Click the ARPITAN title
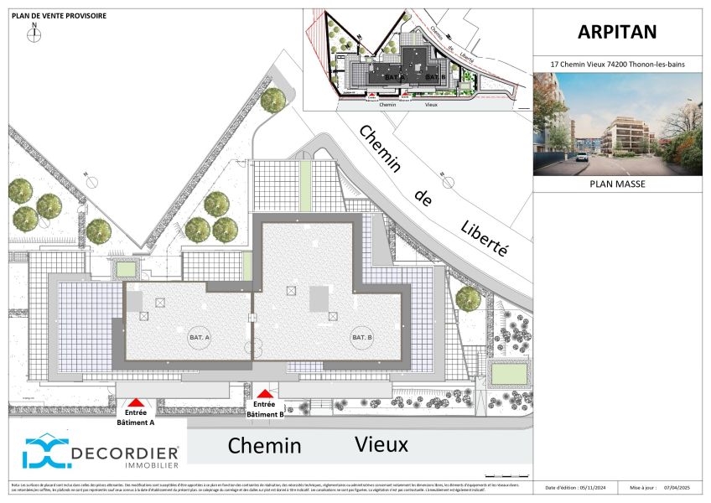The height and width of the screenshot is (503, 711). coord(617,32)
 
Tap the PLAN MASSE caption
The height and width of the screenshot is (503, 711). coord(618,184)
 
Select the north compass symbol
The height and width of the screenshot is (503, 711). coord(34,34)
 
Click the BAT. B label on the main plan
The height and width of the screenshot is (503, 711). coord(362,337)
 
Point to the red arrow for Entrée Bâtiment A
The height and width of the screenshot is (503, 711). coord(136,403)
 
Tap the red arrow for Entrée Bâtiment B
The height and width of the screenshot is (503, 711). coord(265,393)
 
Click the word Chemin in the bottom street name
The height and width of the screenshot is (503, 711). coord(264,444)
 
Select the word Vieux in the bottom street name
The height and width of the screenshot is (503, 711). coord(381,443)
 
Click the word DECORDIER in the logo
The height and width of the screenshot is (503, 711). coord(125,453)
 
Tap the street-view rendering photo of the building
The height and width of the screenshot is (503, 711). coord(617,123)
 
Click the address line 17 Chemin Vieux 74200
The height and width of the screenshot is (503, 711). coord(617,64)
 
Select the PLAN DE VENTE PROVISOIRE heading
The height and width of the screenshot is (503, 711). coord(59,16)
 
